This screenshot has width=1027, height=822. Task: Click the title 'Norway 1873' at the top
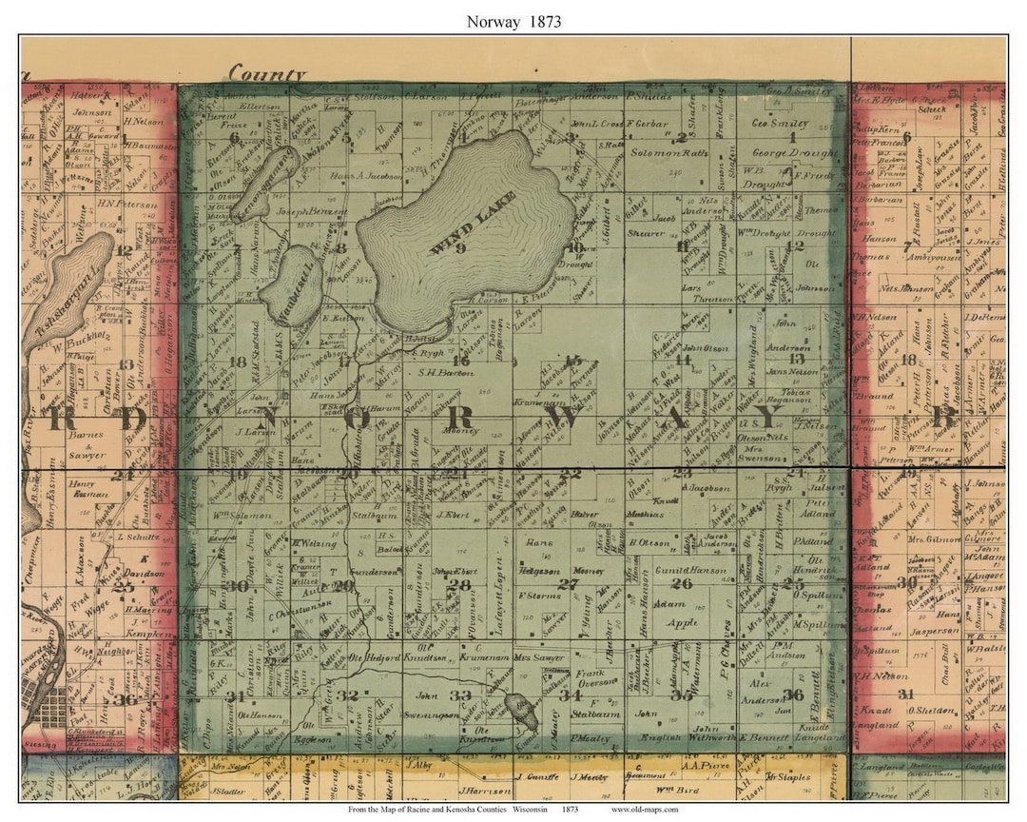click(513, 20)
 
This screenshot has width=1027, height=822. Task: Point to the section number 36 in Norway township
click(792, 693)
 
